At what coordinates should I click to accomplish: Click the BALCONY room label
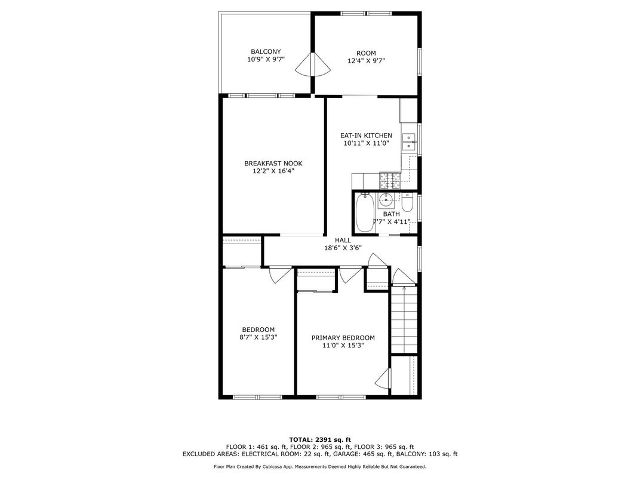[266, 52]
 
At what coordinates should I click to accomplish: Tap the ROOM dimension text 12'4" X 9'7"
[366, 61]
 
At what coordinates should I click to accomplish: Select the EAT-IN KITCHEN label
[366, 136]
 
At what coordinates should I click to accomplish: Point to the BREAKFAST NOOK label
[273, 163]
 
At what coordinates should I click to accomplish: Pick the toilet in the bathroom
[408, 202]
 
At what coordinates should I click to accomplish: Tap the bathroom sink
[385, 199]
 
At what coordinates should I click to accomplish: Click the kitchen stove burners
[390, 181]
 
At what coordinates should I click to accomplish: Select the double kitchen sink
[408, 141]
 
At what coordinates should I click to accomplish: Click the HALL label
[343, 241]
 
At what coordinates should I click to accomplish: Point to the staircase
[404, 319]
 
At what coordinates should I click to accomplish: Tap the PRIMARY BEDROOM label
[343, 338]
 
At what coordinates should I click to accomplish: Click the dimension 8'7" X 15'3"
[259, 337]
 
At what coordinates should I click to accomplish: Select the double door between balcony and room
[313, 64]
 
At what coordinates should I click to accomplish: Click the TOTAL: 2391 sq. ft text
[320, 439]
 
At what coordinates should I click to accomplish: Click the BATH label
[392, 214]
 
